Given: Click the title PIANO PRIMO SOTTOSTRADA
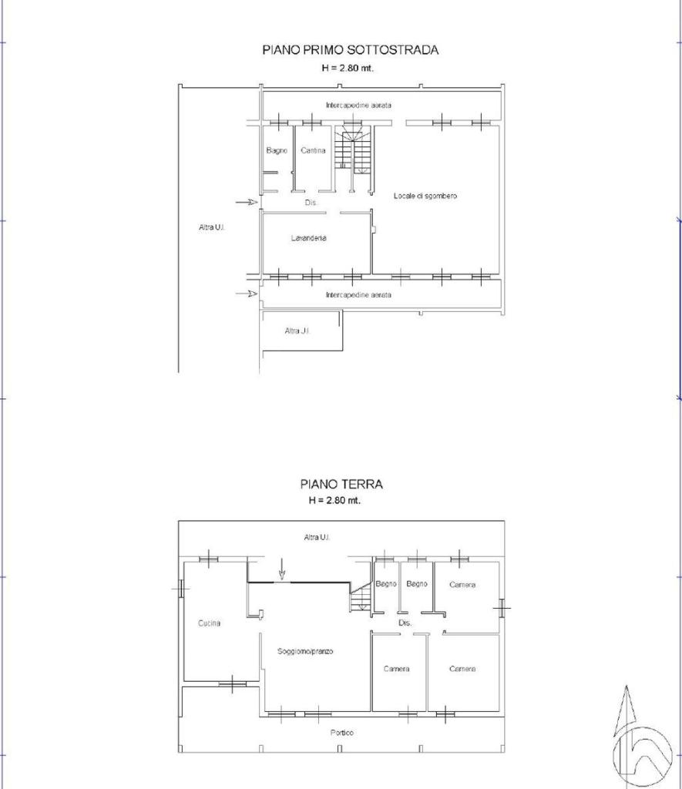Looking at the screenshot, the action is point(351,50).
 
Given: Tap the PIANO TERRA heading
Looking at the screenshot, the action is point(341,484).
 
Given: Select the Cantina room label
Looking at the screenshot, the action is point(313,150).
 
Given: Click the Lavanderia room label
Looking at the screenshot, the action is point(308,238).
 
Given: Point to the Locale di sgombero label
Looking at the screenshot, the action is point(425,196).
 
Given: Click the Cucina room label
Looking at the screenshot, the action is point(209,623).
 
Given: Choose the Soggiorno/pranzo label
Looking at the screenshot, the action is point(305,651).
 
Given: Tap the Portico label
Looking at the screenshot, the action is point(341,733).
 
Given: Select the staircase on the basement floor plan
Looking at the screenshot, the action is point(354,150).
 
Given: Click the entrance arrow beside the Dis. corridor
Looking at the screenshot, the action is point(247,203).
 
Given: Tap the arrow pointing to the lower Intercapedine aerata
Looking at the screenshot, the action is point(247,294).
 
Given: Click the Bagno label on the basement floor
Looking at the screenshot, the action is point(277,150).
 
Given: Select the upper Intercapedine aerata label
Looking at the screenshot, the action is point(358,105).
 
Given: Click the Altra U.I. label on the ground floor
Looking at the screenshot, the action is point(317,537).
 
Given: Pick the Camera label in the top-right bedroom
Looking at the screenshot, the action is point(462,585).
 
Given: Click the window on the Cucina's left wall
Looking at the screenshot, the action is point(181,588).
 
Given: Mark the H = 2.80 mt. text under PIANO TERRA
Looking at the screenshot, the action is point(334,501).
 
